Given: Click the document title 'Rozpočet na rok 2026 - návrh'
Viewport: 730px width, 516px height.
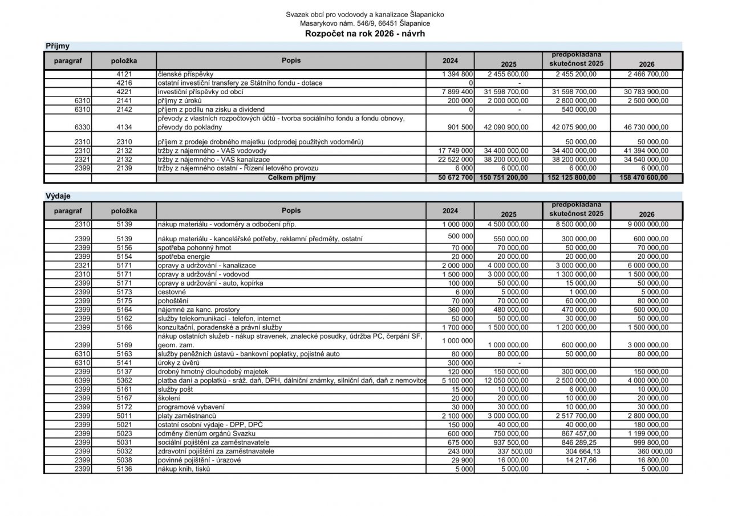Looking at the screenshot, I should click(365, 34).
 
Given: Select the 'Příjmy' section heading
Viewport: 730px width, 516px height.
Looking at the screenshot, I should click(57, 46).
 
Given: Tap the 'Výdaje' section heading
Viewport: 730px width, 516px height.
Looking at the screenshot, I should click(58, 196).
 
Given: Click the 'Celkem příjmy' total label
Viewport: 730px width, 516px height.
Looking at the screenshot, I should click(291, 178).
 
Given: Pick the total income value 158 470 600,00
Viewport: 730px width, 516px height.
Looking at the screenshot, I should click(647, 178).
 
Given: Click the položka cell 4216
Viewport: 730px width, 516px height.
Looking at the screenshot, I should click(124, 83).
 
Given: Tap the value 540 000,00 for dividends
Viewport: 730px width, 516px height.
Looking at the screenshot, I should click(576, 109).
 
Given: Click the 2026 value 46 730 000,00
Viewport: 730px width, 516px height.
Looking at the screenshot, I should click(647, 128).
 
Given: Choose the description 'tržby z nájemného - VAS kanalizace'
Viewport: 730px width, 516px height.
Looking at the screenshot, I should click(214, 160).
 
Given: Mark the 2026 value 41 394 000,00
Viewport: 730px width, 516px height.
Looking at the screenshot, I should click(647, 151).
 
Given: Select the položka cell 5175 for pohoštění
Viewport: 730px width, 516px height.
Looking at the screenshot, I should click(124, 300).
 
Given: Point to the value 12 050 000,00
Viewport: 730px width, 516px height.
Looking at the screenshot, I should click(508, 381).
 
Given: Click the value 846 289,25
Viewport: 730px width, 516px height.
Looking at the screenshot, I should click(576, 442).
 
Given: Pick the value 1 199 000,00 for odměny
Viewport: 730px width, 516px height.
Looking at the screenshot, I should click(647, 433).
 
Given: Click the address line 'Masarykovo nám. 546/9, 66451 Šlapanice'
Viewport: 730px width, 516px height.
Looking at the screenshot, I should click(365, 23).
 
